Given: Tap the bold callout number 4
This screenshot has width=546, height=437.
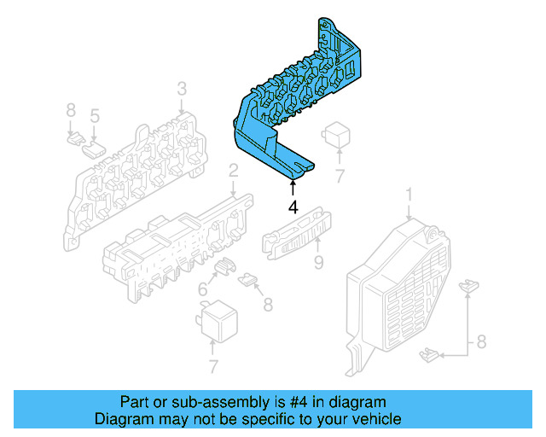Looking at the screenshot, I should (x=293, y=207).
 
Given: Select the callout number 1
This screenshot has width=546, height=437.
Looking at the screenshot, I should (x=408, y=198).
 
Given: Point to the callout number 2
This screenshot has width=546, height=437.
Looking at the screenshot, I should (x=232, y=174).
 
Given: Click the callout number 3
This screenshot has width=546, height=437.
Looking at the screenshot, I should (x=182, y=89).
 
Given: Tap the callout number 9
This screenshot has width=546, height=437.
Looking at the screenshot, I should (x=318, y=264).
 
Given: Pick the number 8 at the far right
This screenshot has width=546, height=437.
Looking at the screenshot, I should (x=480, y=343).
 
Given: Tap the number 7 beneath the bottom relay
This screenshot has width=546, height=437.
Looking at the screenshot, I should (x=212, y=368).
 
